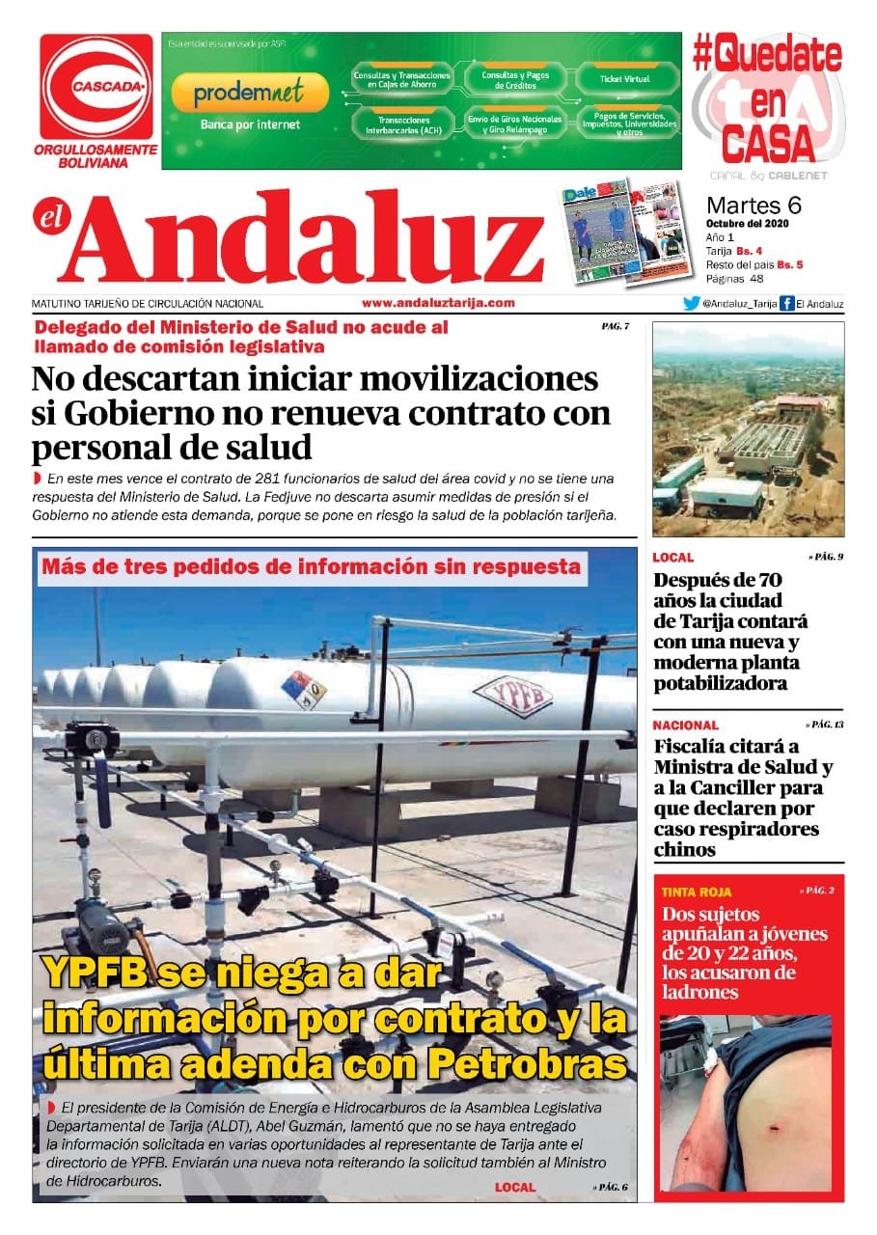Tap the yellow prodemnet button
click(x=249, y=93)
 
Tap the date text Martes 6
click(x=754, y=206)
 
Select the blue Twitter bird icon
click(x=691, y=303)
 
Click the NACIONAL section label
click(x=685, y=725)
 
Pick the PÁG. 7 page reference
click(x=615, y=326)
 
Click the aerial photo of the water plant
click(x=748, y=429)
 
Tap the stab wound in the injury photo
click(x=779, y=1126)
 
